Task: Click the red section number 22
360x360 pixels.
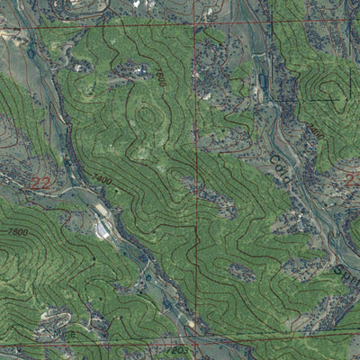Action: (x=40, y=183)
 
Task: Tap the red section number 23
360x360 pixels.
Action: (x=352, y=180)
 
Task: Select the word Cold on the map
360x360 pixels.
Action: (x=278, y=169)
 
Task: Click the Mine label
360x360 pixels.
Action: (x=65, y=336)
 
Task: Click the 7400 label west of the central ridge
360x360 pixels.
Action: (x=103, y=181)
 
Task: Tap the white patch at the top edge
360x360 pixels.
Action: (x=136, y=4)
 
